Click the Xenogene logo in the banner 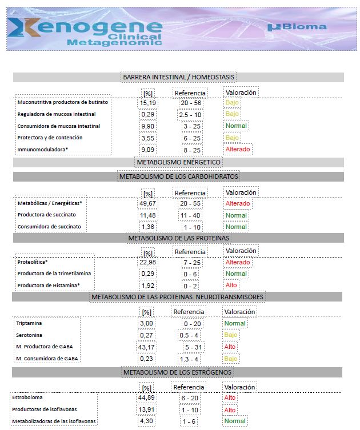[86, 31]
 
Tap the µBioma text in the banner [297, 26]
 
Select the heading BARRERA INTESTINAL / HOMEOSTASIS [179, 77]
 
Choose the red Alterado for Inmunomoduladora [238, 149]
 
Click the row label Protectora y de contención [50, 138]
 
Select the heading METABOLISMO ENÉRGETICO [178, 162]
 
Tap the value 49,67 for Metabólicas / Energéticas [148, 203]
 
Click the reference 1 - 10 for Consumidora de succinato [190, 227]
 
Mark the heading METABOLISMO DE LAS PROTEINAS [178, 238]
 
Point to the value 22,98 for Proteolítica [148, 262]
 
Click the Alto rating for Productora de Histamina [231, 285]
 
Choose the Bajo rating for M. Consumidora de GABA [231, 359]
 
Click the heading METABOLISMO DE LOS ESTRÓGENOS [178, 372]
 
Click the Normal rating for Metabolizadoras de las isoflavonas [235, 421]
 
